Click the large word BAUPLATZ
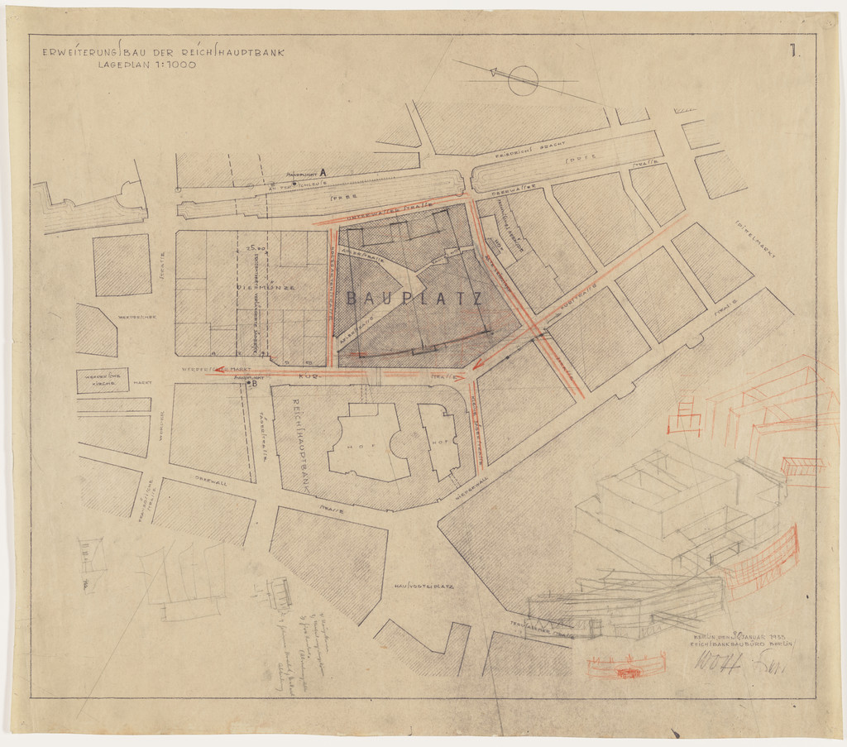[x=414, y=299]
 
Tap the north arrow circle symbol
[x=523, y=80]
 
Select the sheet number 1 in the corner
[x=793, y=51]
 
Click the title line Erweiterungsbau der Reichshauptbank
[x=164, y=52]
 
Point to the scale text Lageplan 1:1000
[x=147, y=64]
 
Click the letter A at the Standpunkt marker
[x=323, y=172]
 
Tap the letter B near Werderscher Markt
[x=255, y=383]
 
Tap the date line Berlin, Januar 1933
[x=738, y=637]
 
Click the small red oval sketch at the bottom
[x=626, y=666]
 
